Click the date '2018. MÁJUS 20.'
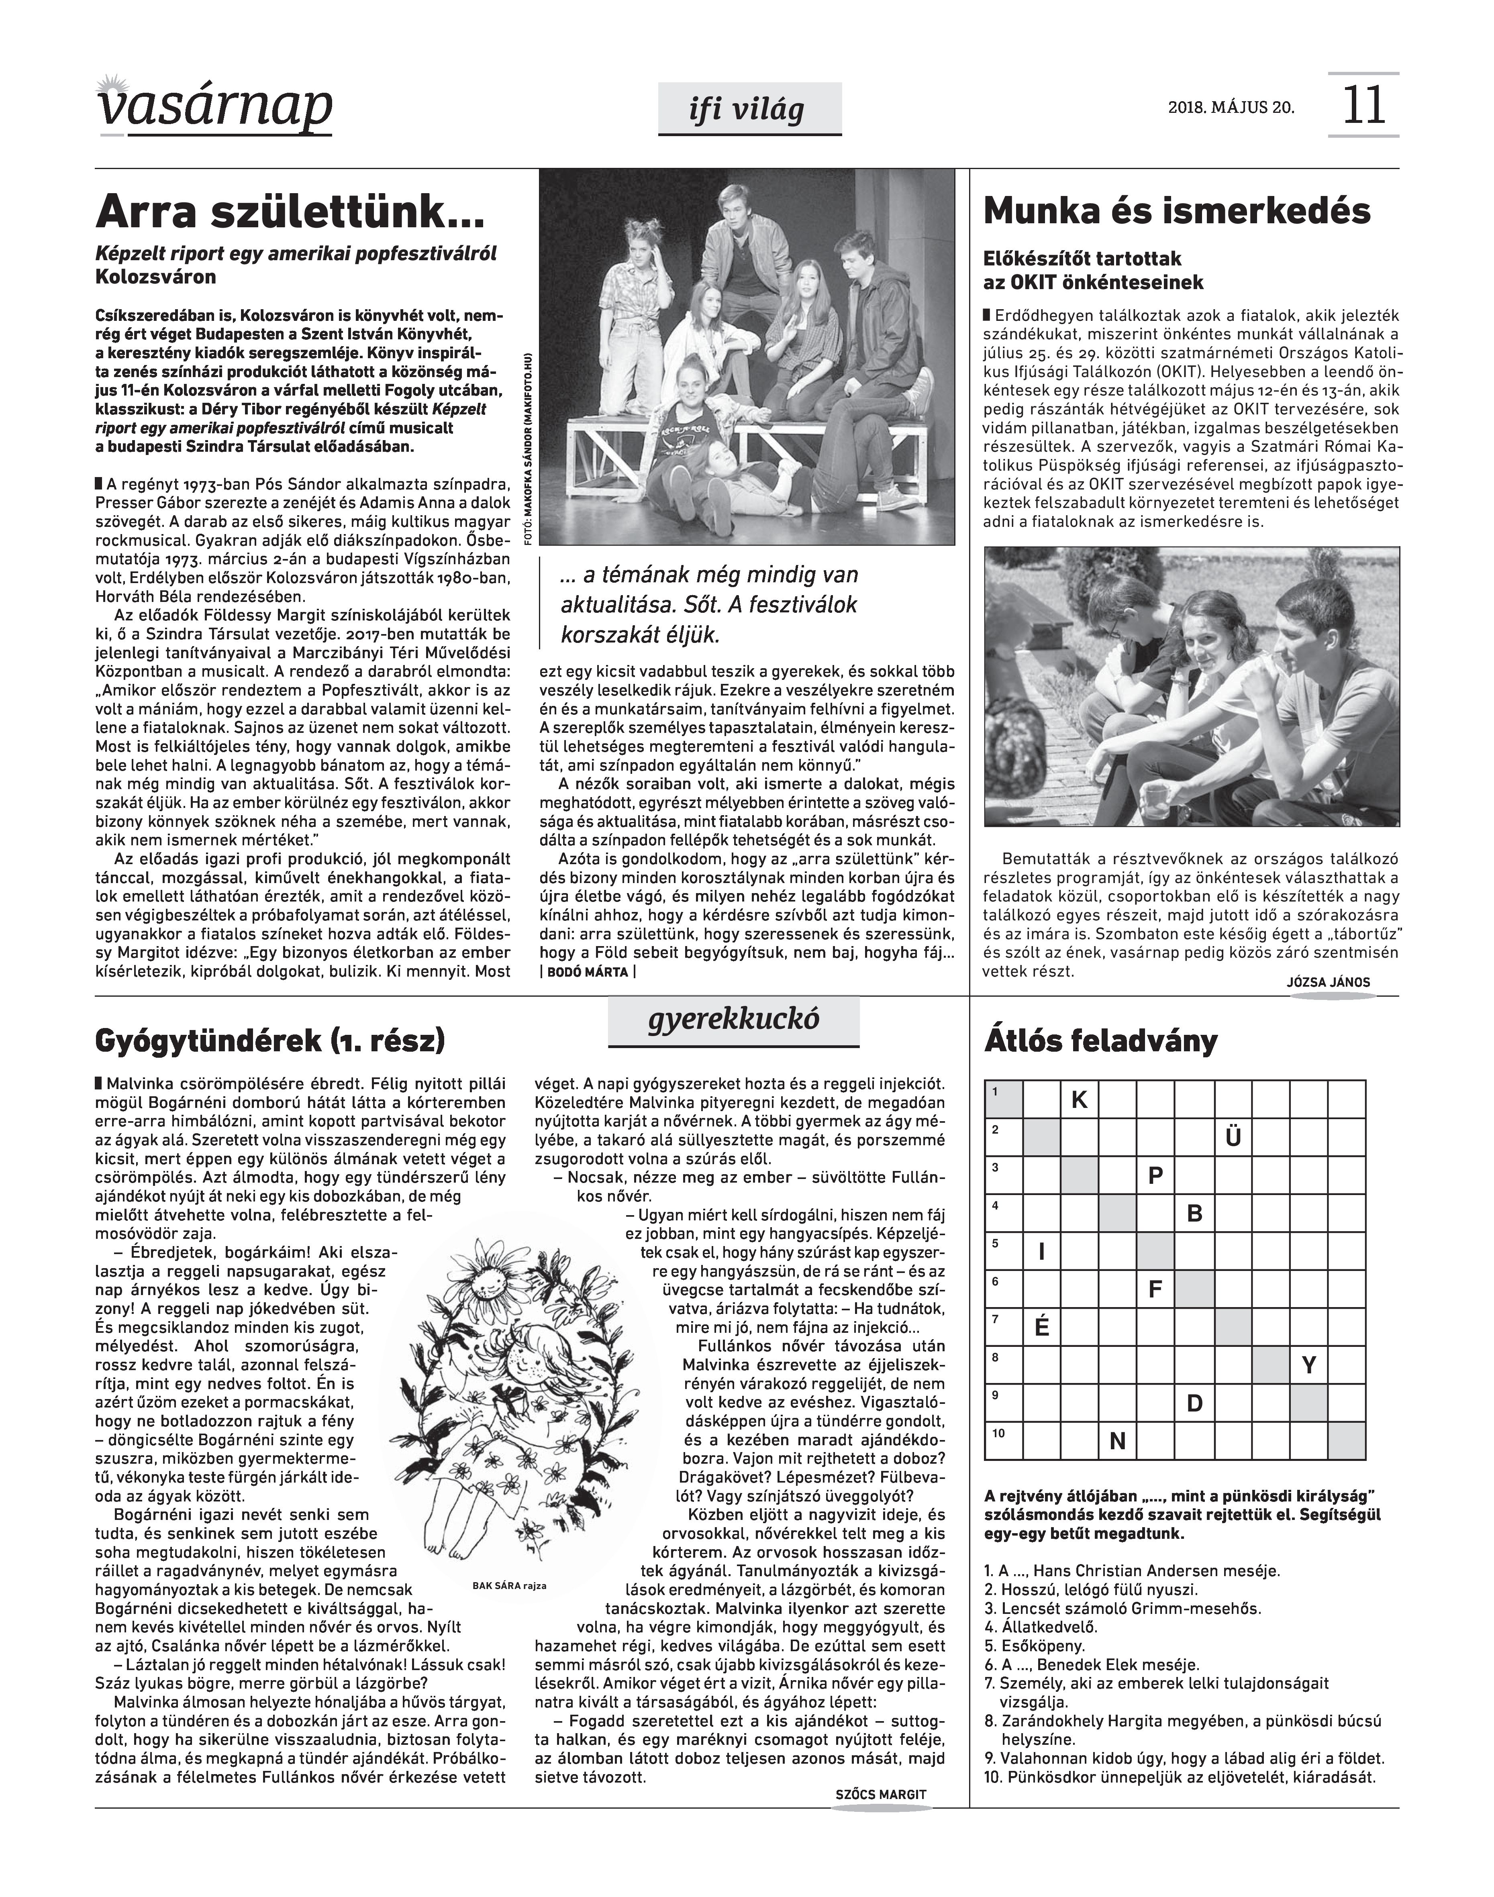pos(1231,108)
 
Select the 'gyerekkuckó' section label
pos(734,1019)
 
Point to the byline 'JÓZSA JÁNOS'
pos(1329,982)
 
